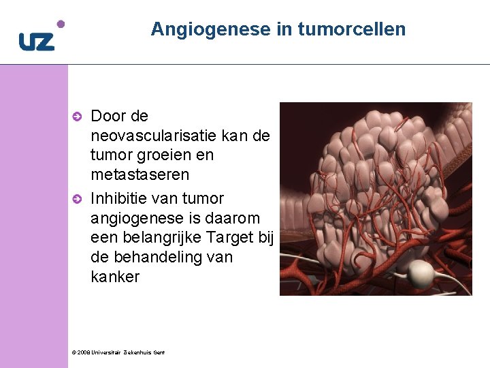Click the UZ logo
[x=36, y=42]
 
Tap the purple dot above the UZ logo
[x=61, y=24]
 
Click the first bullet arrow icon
[x=78, y=117]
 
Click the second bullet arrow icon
[x=78, y=199]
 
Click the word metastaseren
[x=140, y=175]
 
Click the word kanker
[x=114, y=277]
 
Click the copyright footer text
[x=117, y=352]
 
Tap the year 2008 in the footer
[x=82, y=352]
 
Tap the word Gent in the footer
[x=158, y=352]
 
